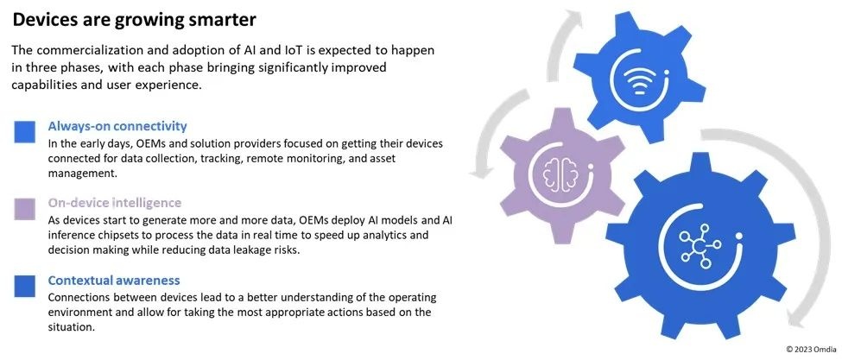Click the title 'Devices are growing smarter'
(x=134, y=21)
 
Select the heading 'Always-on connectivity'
(x=117, y=127)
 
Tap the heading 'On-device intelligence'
(x=114, y=203)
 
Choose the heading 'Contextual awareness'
(x=114, y=281)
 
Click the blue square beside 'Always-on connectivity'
(x=25, y=132)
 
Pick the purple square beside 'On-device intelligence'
(x=25, y=209)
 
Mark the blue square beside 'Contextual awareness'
(x=25, y=286)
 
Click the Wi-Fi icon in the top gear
(x=640, y=81)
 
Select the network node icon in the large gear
(x=699, y=244)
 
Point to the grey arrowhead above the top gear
(x=573, y=19)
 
